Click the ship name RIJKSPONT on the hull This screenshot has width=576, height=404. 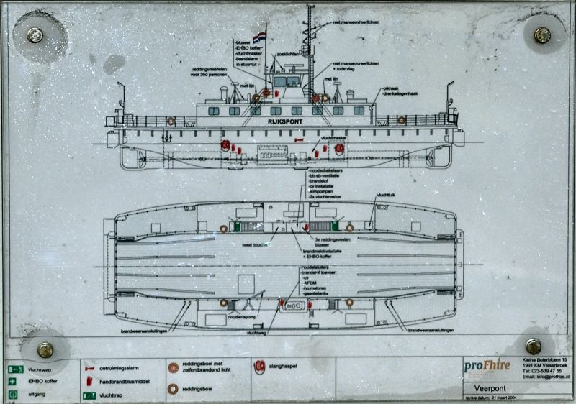pyautogui.click(x=284, y=122)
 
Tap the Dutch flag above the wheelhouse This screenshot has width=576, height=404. pyautogui.click(x=261, y=35)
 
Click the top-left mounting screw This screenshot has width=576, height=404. pyautogui.click(x=35, y=34)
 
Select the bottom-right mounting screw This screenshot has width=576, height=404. pyautogui.click(x=534, y=346)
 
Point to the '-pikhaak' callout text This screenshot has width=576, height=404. pyautogui.click(x=392, y=88)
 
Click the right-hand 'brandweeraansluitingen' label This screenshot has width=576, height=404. pyautogui.click(x=431, y=331)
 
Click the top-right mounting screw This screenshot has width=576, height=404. pyautogui.click(x=541, y=34)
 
